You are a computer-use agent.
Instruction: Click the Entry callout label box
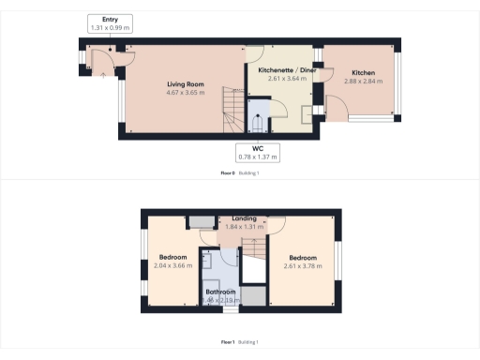pyautogui.click(x=110, y=24)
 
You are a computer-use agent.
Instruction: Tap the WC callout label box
pyautogui.click(x=256, y=151)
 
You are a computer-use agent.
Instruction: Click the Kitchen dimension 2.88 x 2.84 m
pyautogui.click(x=363, y=82)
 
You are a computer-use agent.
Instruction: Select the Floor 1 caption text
pyautogui.click(x=227, y=342)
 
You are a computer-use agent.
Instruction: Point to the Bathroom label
pyautogui.click(x=220, y=292)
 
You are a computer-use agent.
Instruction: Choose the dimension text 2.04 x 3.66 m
pyautogui.click(x=172, y=266)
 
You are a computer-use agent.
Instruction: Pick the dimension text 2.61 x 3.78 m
pyautogui.click(x=302, y=266)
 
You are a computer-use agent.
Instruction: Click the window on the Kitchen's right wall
pyautogui.click(x=400, y=82)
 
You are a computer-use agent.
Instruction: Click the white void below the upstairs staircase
pyautogui.click(x=253, y=271)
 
